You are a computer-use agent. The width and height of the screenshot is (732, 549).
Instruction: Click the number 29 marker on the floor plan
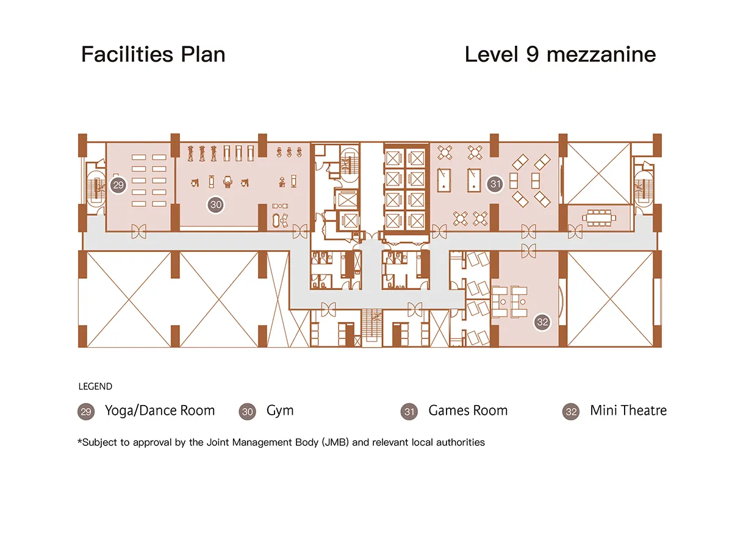coord(118,185)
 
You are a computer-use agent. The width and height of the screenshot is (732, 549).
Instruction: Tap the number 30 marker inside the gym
coord(216,205)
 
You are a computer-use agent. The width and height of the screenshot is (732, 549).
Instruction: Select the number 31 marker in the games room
coord(495,184)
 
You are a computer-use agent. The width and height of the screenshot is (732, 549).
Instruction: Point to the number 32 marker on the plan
coord(542,322)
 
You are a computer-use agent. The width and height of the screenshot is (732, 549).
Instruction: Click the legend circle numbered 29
coord(86,412)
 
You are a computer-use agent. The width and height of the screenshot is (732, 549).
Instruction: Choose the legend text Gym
coord(280,411)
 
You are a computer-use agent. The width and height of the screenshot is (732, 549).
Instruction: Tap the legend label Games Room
coord(468,411)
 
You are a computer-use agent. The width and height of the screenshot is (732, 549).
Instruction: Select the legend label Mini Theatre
coord(628,411)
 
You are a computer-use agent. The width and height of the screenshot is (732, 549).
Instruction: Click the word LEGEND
coord(95,386)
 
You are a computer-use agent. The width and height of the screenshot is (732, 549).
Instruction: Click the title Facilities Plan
coord(153,54)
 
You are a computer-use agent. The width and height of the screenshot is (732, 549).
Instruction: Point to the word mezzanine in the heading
coord(601,55)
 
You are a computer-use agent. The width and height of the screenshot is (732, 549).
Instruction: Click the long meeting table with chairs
coord(599,218)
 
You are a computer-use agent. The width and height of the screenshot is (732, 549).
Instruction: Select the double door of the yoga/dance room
coord(138,231)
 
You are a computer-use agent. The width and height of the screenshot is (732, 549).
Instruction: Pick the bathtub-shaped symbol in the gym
coord(276,220)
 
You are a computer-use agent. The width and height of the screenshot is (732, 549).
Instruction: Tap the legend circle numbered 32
coord(571,412)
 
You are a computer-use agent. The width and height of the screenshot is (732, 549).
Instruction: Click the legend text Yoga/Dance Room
coord(160,411)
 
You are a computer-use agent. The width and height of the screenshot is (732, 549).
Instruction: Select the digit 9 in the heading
coord(533,54)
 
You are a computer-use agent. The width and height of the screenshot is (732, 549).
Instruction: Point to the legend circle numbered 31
coord(409,412)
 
